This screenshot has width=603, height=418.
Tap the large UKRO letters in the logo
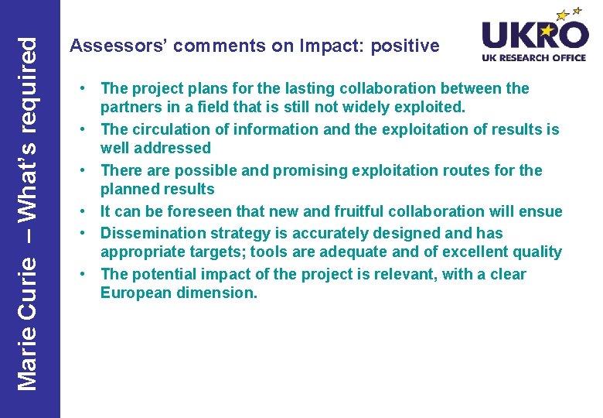(x=534, y=35)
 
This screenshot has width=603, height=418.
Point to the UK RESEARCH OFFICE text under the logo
(x=534, y=57)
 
